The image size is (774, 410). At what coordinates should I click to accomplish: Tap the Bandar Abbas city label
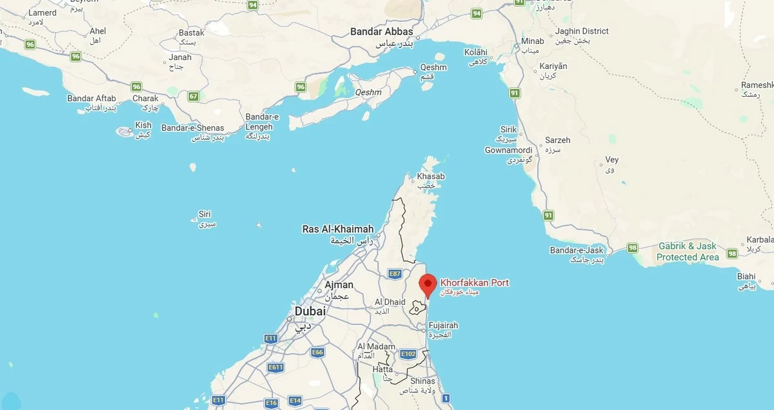pyautogui.click(x=381, y=31)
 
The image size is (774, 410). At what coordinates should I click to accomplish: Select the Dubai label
pyautogui.click(x=310, y=311)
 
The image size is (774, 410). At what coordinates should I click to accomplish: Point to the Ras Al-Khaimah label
pyautogui.click(x=338, y=229)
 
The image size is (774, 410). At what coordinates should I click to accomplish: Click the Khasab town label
pyautogui.click(x=431, y=177)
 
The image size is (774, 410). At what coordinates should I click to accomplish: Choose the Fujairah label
pyautogui.click(x=443, y=326)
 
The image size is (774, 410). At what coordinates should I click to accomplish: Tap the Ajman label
pyautogui.click(x=339, y=284)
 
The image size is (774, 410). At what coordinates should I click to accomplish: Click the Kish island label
pyautogui.click(x=143, y=125)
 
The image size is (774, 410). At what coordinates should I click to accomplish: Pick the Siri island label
pyautogui.click(x=205, y=214)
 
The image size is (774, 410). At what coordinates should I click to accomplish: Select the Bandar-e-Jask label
pyautogui.click(x=576, y=250)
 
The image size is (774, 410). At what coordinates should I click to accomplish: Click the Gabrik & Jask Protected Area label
pyautogui.click(x=688, y=251)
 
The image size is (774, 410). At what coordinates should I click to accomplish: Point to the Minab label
pyautogui.click(x=533, y=41)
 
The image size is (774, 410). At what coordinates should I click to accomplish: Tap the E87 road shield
pyautogui.click(x=395, y=274)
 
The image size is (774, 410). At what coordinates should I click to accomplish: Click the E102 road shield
pyautogui.click(x=408, y=354)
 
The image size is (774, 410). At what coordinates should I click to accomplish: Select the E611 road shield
pyautogui.click(x=275, y=367)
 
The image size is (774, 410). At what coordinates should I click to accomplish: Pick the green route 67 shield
pyautogui.click(x=193, y=96)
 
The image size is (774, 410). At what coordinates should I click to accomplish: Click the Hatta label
pyautogui.click(x=382, y=369)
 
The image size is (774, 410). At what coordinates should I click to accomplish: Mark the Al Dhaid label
pyautogui.click(x=390, y=302)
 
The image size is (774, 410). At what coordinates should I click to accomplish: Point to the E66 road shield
pyautogui.click(x=317, y=352)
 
